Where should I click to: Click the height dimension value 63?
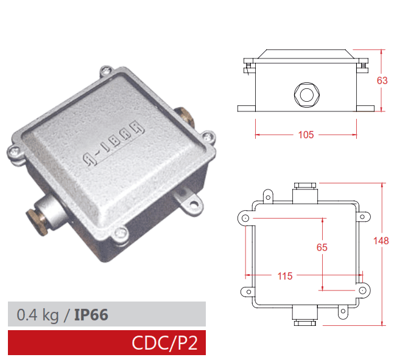(x=382, y=80)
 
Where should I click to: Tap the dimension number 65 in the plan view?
(x=322, y=247)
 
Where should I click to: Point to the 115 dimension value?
(x=284, y=276)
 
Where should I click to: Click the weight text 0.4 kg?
(x=38, y=314)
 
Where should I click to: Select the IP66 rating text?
(x=91, y=314)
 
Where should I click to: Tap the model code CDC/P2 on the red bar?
(x=164, y=343)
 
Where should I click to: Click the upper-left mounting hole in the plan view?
(x=244, y=218)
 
